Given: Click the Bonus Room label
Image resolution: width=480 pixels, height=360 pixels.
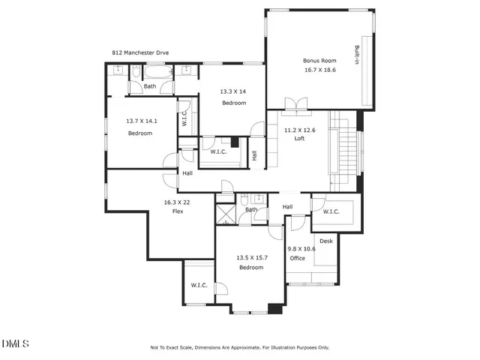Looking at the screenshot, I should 319,61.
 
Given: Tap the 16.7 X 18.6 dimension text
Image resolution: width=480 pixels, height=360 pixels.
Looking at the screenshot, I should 319,69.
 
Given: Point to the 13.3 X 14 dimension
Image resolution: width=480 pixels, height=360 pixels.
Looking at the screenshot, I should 233,91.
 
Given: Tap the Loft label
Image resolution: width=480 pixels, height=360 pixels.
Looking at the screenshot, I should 298,139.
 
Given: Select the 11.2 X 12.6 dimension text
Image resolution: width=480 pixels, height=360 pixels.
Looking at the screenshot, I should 299,130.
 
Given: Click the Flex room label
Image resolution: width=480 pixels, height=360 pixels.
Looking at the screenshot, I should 178,211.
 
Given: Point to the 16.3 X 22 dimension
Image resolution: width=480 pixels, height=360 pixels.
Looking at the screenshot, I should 178,202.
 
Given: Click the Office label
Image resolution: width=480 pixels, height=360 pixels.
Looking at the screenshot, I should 298,258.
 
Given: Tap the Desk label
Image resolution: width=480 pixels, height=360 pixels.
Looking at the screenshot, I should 326,241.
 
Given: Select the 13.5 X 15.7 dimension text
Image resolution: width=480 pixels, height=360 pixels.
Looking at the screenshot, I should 251,258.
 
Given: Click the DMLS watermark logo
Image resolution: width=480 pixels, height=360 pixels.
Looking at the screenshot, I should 15,344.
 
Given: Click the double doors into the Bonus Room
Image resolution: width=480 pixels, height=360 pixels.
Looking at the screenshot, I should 298,103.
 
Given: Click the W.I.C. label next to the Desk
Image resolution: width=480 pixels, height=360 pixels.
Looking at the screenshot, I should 331,211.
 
